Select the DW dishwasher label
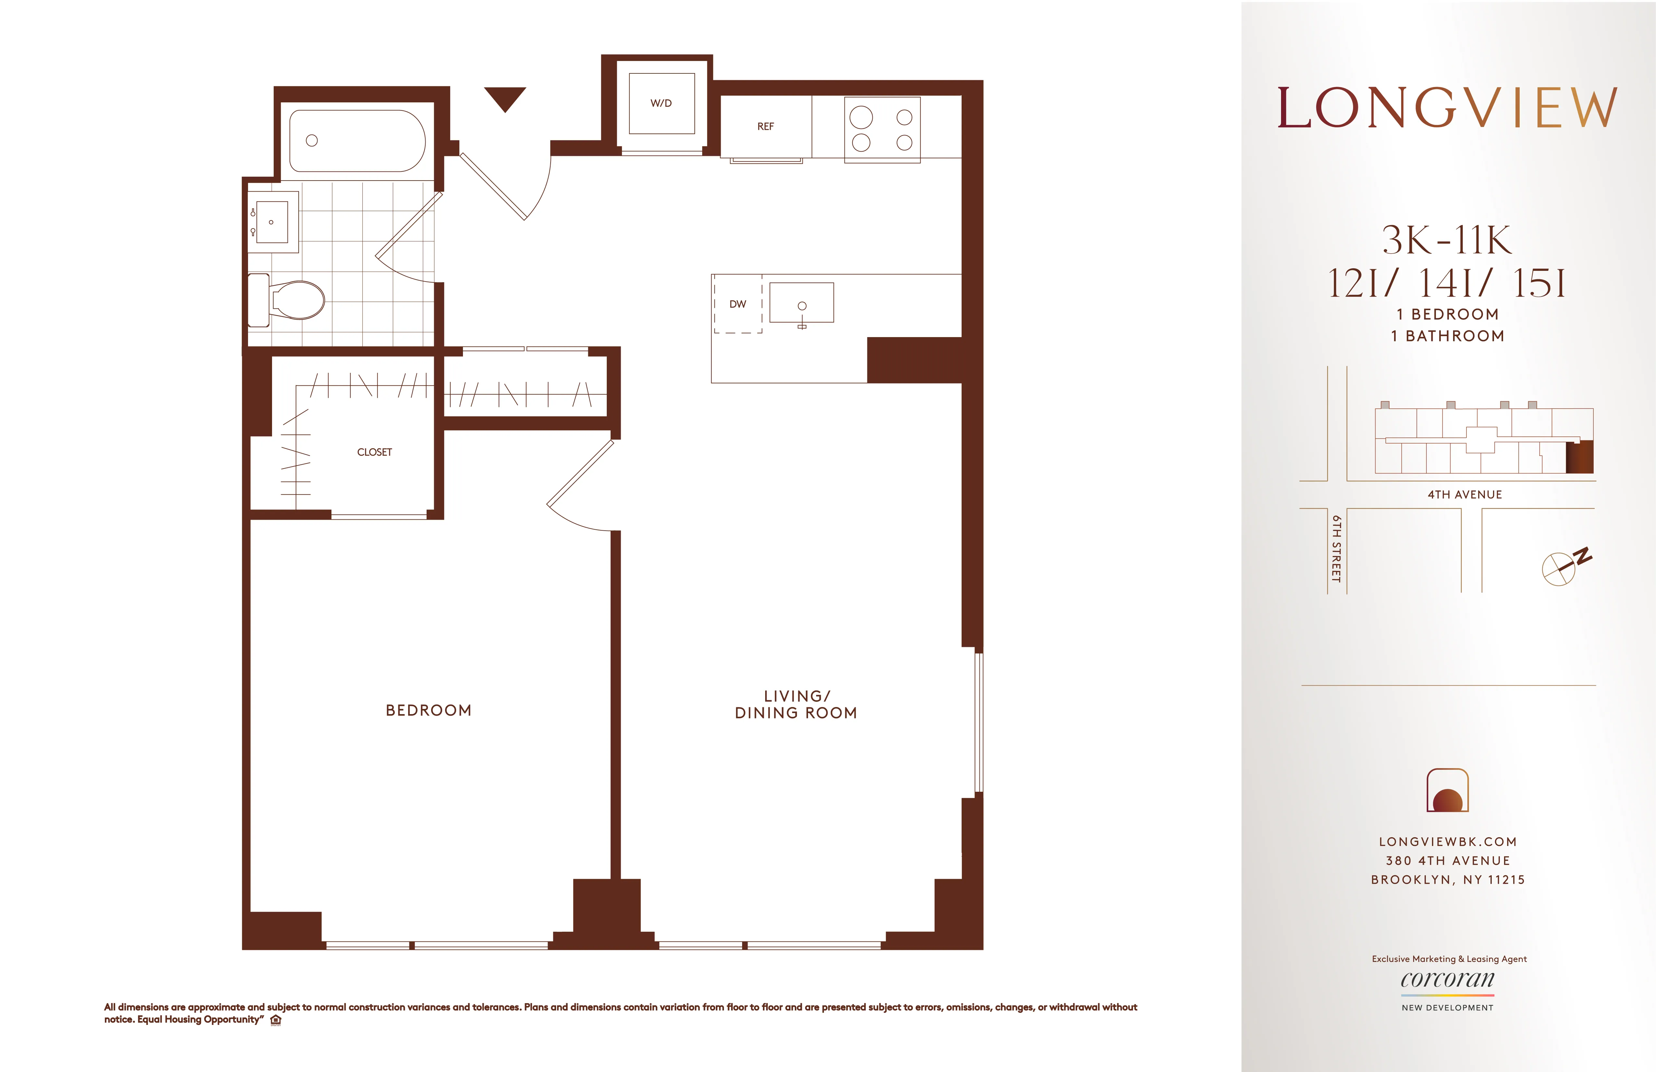coord(738,304)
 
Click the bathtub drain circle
coord(312,141)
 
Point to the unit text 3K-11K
coord(1447,240)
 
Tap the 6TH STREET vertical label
coord(1336,549)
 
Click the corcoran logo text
coord(1447,979)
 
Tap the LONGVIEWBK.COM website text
coord(1447,841)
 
